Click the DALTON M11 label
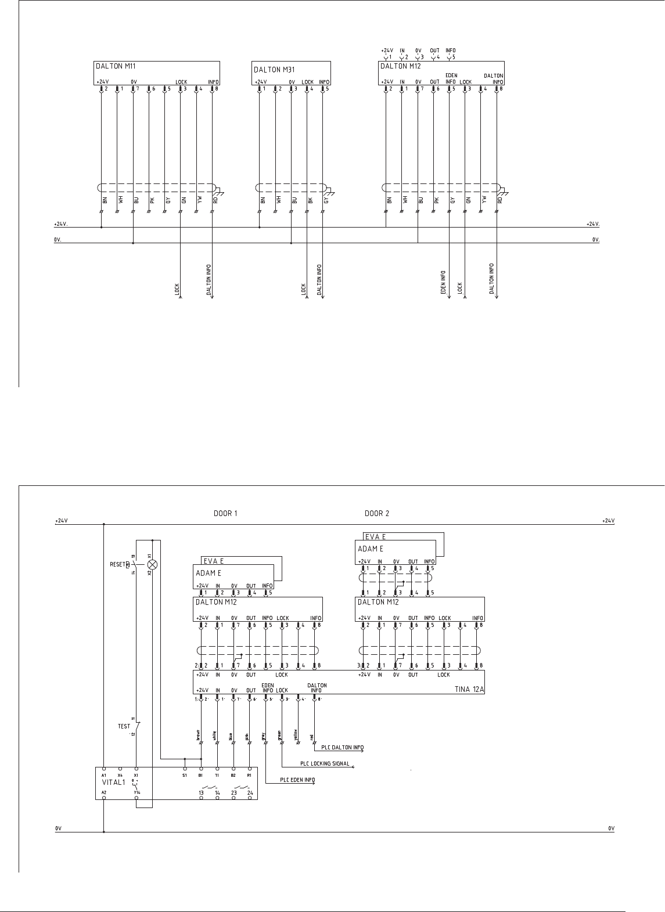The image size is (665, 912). (x=116, y=66)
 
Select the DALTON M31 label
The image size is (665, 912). (x=275, y=70)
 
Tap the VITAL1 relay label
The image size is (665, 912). (x=114, y=782)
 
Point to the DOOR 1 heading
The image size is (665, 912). (x=225, y=513)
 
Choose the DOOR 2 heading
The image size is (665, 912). (x=377, y=513)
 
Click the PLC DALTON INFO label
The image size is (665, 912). (x=343, y=748)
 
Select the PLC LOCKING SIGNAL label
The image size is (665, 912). (x=325, y=764)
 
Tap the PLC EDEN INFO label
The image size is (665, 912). (x=298, y=780)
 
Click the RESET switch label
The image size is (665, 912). (x=117, y=564)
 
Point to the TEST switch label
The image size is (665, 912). (x=124, y=726)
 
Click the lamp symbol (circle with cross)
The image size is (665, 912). (x=153, y=564)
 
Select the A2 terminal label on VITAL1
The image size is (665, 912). (x=104, y=792)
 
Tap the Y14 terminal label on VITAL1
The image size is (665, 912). (x=136, y=792)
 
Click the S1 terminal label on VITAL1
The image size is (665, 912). (x=184, y=775)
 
